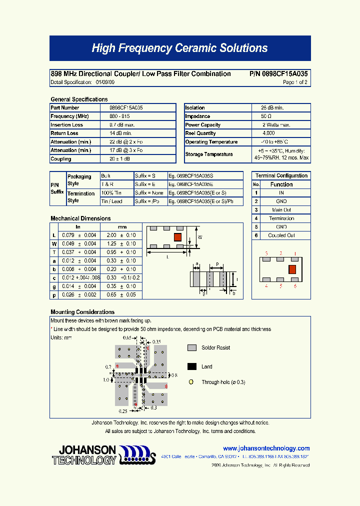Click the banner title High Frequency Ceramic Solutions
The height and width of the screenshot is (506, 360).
[x=180, y=48]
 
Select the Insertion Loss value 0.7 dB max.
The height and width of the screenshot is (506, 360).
[x=120, y=125]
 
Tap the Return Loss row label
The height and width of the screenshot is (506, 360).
[x=65, y=133]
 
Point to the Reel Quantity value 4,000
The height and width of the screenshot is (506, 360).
[x=268, y=133]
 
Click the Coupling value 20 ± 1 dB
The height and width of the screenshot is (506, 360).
[x=119, y=159]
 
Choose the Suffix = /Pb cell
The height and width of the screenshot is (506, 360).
[x=145, y=201]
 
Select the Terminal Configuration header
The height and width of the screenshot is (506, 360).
[x=281, y=176]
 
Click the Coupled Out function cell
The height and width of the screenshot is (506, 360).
[x=281, y=235]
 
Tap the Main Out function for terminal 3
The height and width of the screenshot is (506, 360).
[x=281, y=210]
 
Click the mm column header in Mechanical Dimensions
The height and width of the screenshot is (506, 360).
[x=122, y=227]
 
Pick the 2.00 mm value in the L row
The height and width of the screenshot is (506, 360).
[x=111, y=235]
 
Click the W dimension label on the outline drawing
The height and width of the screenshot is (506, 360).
[x=200, y=237]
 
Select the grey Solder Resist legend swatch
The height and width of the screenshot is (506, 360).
[x=192, y=347]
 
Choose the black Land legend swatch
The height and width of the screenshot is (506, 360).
[x=192, y=366]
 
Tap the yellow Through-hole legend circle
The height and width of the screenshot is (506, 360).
[x=191, y=382]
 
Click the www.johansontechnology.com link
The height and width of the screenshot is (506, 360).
[x=266, y=448]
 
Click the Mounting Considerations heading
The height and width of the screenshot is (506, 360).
[x=82, y=312]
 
